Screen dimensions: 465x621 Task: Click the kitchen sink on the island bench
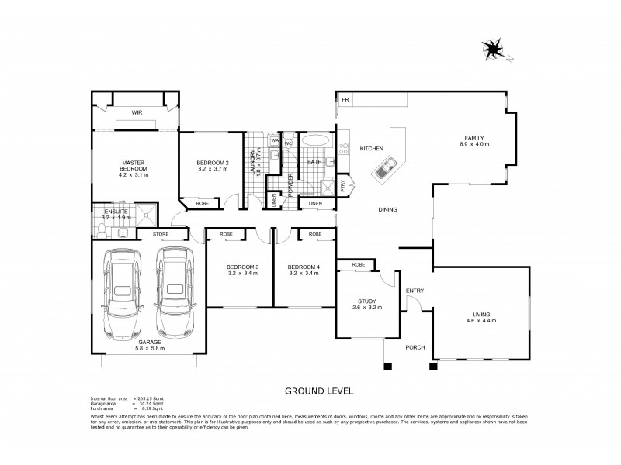pos(387,165)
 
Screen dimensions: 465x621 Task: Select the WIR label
pos(137,112)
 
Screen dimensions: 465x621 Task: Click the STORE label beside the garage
pos(161,233)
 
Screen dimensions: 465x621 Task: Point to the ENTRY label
pos(415,291)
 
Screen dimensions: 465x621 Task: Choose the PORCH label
pos(415,347)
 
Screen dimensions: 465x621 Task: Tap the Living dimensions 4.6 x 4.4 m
pos(480,320)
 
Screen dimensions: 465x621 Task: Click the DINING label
pos(389,210)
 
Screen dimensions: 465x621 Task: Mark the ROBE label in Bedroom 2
pos(202,203)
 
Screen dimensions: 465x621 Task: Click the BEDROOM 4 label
pos(304,267)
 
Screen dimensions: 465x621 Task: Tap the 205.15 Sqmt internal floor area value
pos(154,398)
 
